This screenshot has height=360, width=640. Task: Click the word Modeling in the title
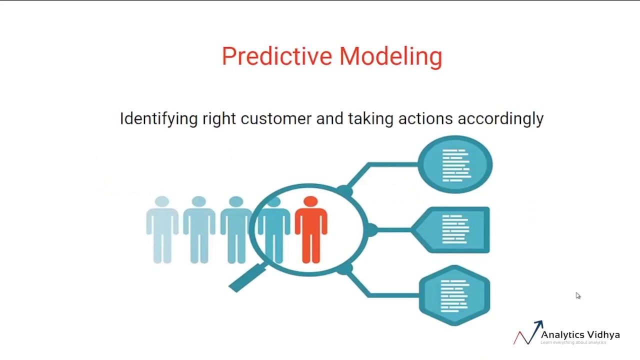tap(390, 56)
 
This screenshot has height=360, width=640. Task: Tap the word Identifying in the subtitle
tap(158, 119)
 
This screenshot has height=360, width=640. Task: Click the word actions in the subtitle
tap(425, 119)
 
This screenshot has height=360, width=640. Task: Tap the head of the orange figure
tap(310, 202)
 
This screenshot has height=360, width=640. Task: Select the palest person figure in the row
tap(162, 230)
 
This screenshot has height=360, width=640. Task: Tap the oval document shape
tap(455, 164)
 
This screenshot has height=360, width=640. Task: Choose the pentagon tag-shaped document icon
tap(451, 230)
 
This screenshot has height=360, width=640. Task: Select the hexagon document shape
tap(454, 295)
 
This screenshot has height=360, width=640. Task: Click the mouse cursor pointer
tap(578, 296)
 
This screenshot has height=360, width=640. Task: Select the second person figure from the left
tap(199, 230)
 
